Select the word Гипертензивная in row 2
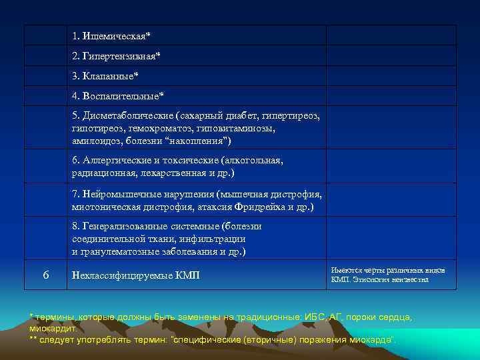[x=120, y=55]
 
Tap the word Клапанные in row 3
[x=107, y=76]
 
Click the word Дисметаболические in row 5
[x=125, y=117]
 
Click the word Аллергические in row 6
[x=115, y=161]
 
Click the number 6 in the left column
[x=45, y=275]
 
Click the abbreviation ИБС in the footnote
[x=317, y=318]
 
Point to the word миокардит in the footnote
[x=53, y=329]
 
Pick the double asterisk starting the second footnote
[x=33, y=340]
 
